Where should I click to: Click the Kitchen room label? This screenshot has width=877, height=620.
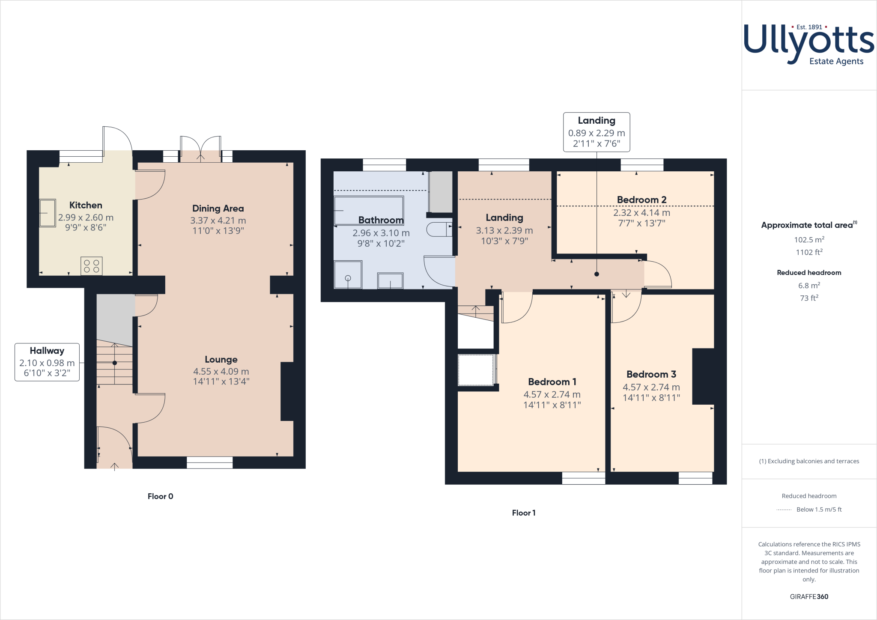coord(86,205)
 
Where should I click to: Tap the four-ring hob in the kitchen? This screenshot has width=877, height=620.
coord(91,266)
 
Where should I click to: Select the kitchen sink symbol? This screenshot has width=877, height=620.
coord(48,213)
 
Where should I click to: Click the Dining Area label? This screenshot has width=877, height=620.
coord(218,209)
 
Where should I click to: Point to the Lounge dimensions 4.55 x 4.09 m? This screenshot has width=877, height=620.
coord(221,372)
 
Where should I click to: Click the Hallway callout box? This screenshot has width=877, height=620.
coord(47,362)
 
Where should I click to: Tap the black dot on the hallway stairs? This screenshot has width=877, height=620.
coord(115,363)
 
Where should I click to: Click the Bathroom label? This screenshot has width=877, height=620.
coord(381,220)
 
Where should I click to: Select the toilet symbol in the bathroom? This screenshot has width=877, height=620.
coord(439,230)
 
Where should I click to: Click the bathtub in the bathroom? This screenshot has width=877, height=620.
coord(369,211)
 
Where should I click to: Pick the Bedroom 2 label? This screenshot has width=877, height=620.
coord(641,200)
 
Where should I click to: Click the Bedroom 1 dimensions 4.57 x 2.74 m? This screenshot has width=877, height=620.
coord(552,395)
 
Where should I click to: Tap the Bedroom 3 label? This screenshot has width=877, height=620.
coord(651,375)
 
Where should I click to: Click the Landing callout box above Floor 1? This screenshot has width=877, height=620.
coord(597,132)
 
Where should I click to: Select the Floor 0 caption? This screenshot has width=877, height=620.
coord(160,496)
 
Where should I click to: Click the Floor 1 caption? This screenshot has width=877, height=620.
coord(523,513)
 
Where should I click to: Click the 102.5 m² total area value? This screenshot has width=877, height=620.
coord(809,240)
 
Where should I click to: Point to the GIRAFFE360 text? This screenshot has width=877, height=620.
coord(809,596)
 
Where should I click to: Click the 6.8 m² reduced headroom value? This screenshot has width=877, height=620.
coord(809,286)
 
